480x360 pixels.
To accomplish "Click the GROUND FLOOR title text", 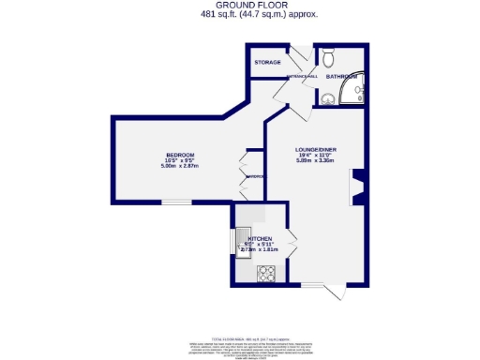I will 242,5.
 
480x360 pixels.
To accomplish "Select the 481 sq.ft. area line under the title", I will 242,14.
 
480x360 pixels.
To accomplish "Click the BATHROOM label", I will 341,76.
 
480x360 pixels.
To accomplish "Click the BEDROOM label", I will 179,155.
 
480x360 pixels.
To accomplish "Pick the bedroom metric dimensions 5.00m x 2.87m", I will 179,167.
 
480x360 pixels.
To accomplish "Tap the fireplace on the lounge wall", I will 353,187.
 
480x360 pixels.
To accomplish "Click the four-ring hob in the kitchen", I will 266,274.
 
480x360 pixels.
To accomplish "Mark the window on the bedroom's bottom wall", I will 179,201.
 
